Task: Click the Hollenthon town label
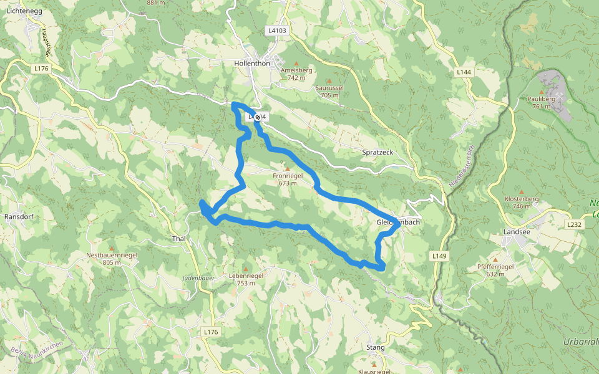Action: click(251, 64)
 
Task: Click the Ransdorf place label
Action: click(18, 216)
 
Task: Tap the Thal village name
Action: click(178, 239)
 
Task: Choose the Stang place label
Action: click(376, 347)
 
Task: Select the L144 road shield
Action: click(464, 73)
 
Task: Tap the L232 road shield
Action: click(574, 224)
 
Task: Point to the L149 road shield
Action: click(440, 256)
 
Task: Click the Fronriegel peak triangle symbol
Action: click(287, 168)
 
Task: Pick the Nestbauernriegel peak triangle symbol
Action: click(112, 248)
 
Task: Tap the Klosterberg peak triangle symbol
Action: click(522, 191)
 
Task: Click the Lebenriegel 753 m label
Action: click(246, 279)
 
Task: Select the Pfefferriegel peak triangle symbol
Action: click(495, 259)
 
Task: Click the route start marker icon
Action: click(257, 117)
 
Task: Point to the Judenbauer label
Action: click(199, 277)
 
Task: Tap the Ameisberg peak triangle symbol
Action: click(296, 64)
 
